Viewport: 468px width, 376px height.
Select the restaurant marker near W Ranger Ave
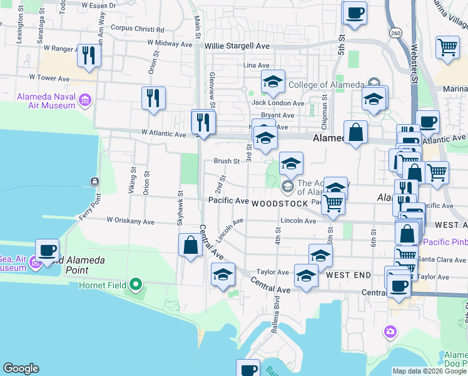[x=89, y=56]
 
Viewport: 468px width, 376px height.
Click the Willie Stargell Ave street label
[x=237, y=46]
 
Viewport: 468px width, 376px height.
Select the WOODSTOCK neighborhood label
[x=280, y=204]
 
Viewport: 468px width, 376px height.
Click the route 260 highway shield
[x=395, y=32]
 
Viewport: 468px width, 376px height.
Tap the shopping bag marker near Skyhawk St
[x=191, y=245]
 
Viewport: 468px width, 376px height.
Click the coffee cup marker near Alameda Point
[x=47, y=250]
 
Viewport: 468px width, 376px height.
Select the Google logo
[x=21, y=368]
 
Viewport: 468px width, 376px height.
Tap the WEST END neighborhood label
[x=346, y=275]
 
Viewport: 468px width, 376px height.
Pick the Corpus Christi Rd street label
[x=137, y=28]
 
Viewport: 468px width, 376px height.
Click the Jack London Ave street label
[x=278, y=103]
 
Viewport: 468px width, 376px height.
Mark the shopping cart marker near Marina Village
[x=447, y=48]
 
